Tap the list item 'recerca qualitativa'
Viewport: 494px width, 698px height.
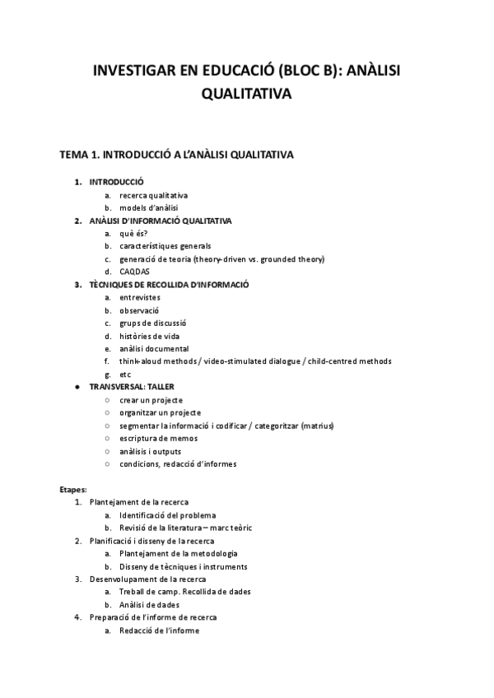click(153, 195)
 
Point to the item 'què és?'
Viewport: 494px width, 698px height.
click(133, 233)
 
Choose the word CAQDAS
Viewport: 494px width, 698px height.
click(134, 271)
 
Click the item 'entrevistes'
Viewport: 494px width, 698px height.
click(140, 297)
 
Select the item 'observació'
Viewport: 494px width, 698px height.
click(139, 310)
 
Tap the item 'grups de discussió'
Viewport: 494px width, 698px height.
click(152, 323)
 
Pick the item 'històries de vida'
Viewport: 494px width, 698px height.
click(150, 336)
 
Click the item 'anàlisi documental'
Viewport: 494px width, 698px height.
click(154, 348)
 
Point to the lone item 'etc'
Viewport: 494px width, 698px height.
click(125, 374)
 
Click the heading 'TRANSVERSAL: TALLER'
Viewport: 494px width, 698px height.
click(132, 386)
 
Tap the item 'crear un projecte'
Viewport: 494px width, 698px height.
click(151, 399)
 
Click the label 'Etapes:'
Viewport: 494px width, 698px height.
click(73, 489)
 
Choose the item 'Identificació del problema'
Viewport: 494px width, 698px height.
click(168, 514)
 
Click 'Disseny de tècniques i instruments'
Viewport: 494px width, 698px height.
click(183, 566)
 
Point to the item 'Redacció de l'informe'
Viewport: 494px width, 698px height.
click(159, 631)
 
